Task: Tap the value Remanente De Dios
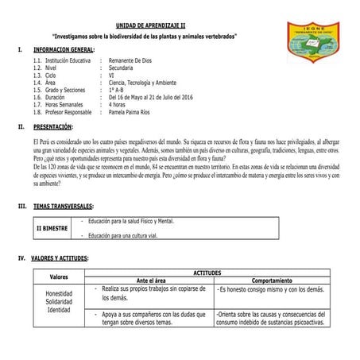(134, 60)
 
